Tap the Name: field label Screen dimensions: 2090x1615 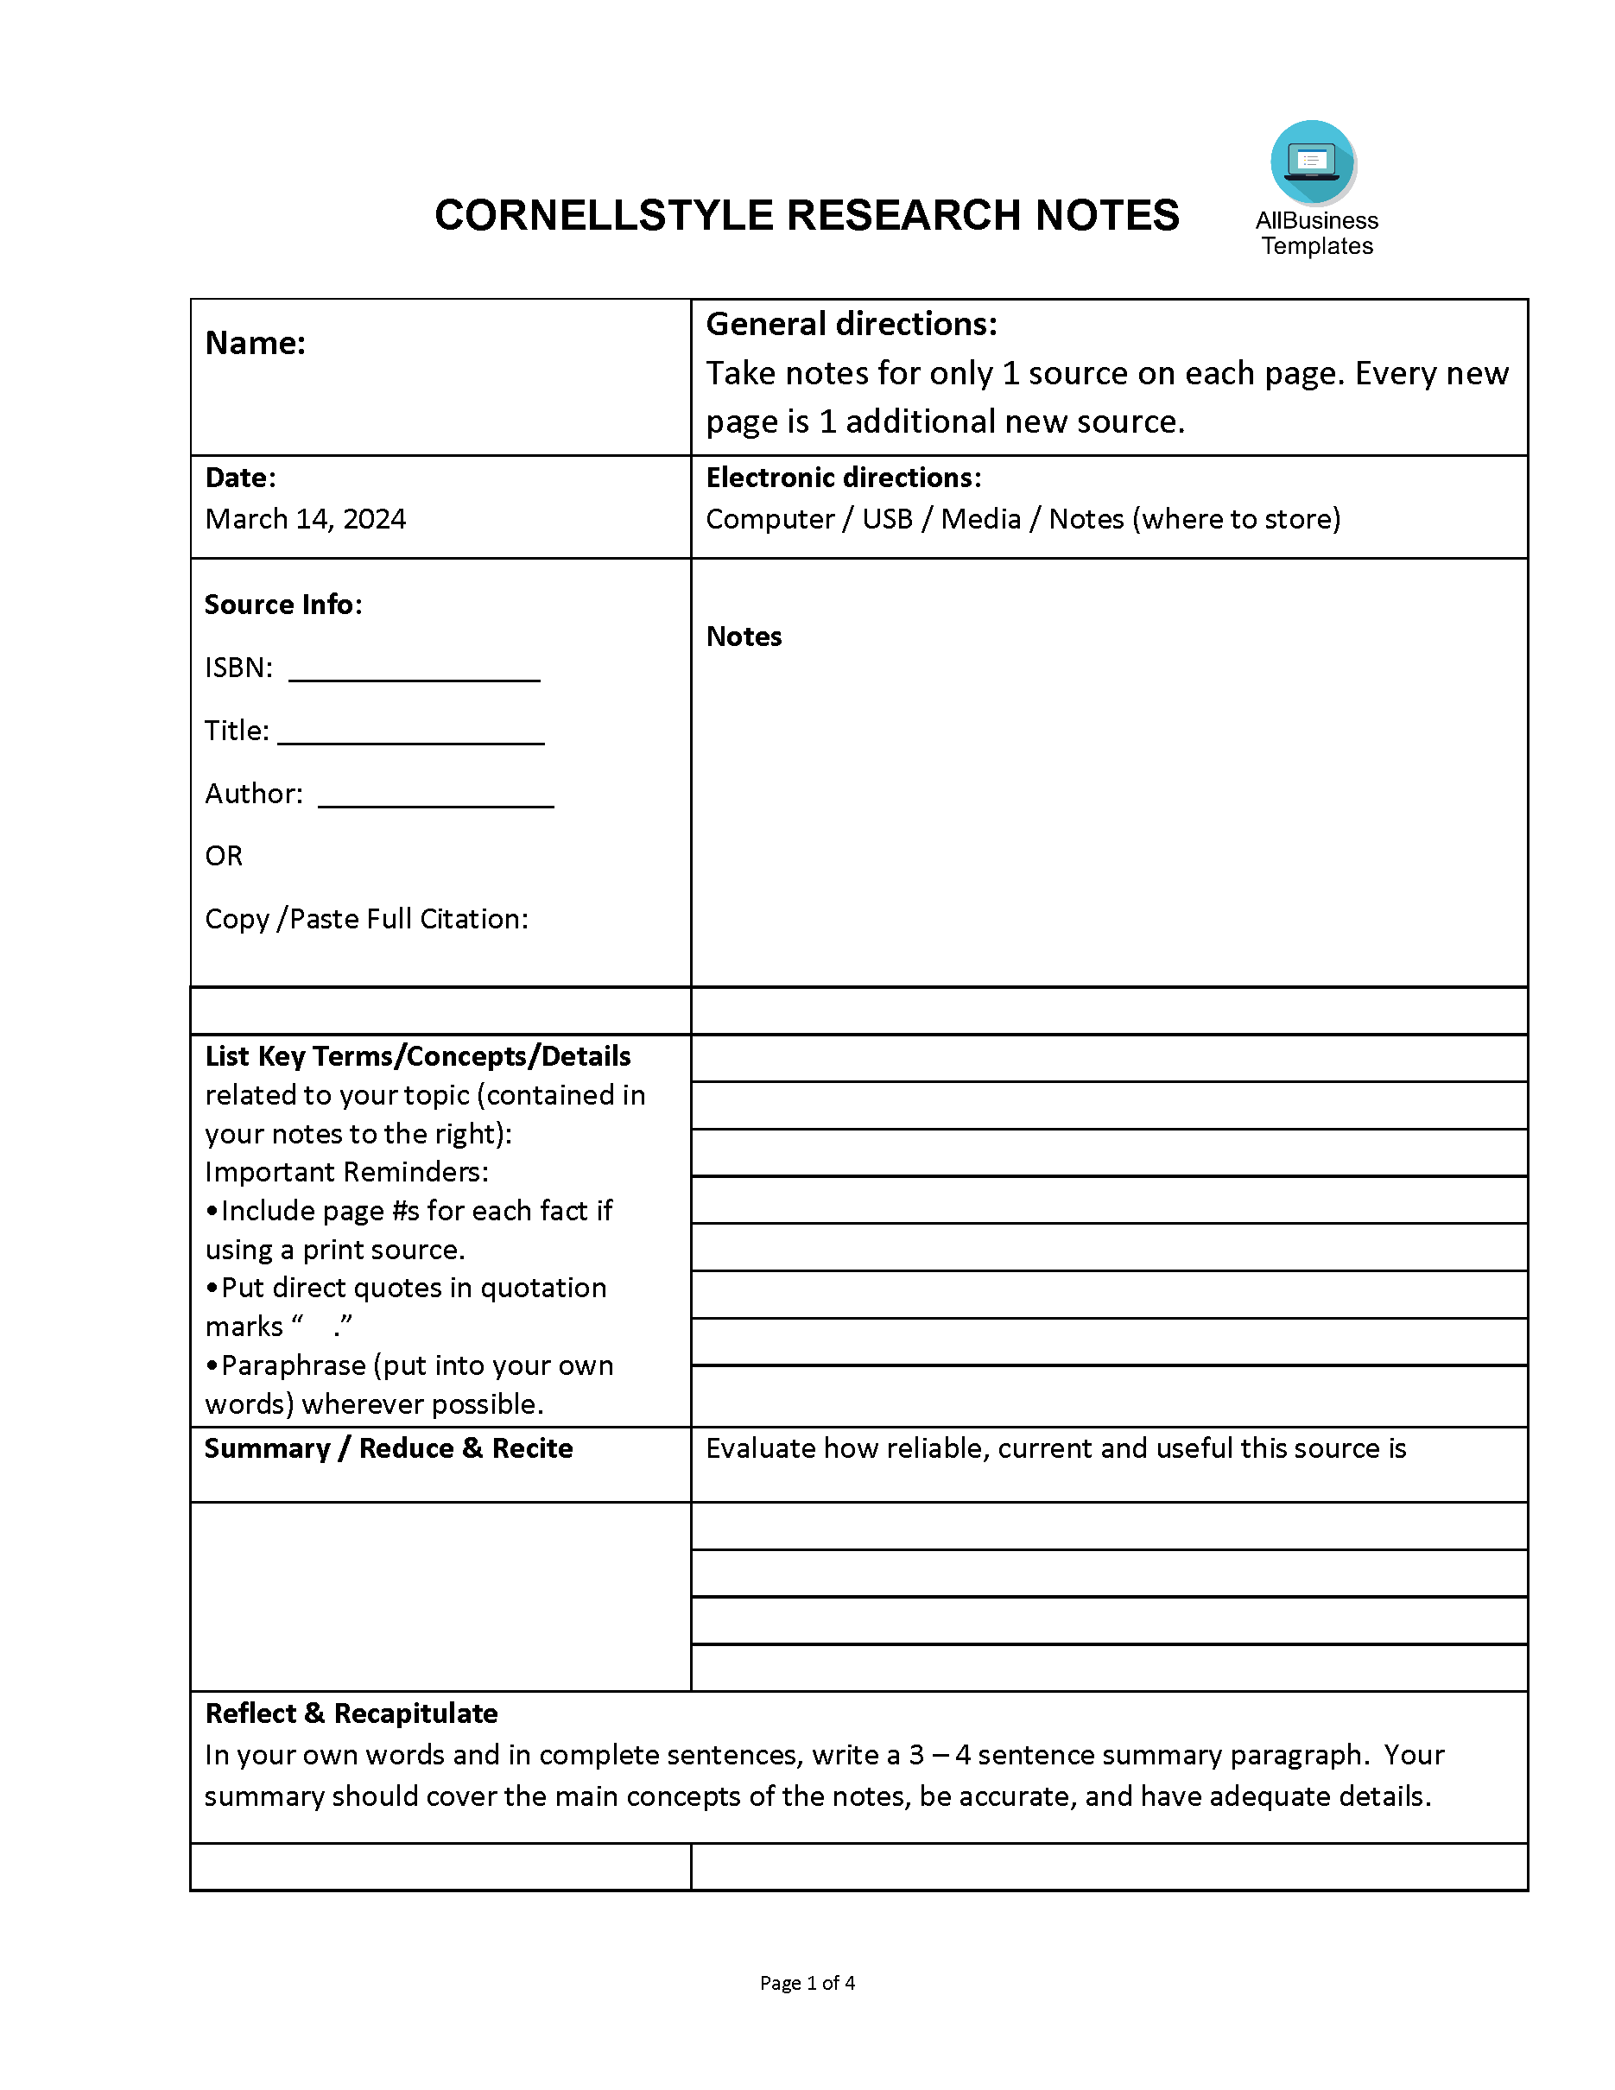tap(256, 344)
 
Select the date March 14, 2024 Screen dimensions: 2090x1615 tap(305, 519)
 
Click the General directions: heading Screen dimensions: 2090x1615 tap(851, 325)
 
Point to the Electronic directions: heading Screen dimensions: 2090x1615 tap(843, 478)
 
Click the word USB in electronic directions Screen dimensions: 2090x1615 tap(887, 519)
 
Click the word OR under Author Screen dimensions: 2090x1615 tap(224, 856)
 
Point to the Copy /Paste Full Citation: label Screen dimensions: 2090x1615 tap(366, 919)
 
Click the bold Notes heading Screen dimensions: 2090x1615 tap(744, 636)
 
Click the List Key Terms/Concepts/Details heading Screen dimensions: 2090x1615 tap(417, 1055)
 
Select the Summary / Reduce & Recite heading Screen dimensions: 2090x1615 tap(389, 1447)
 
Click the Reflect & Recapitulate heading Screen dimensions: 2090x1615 tap(351, 1713)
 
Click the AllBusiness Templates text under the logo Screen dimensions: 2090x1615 tap(1316, 233)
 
